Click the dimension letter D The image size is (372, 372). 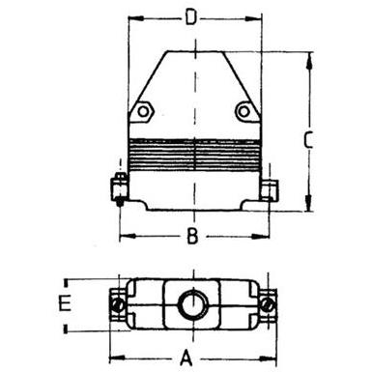190,18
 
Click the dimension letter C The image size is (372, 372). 308,140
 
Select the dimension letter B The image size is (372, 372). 192,236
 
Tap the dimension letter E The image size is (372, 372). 65,303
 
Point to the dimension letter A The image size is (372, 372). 186,358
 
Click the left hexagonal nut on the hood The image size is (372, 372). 143,112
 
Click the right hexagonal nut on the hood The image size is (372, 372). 244,112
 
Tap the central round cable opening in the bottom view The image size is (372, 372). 192,304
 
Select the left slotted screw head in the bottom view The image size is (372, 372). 118,305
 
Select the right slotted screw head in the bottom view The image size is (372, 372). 268,304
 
